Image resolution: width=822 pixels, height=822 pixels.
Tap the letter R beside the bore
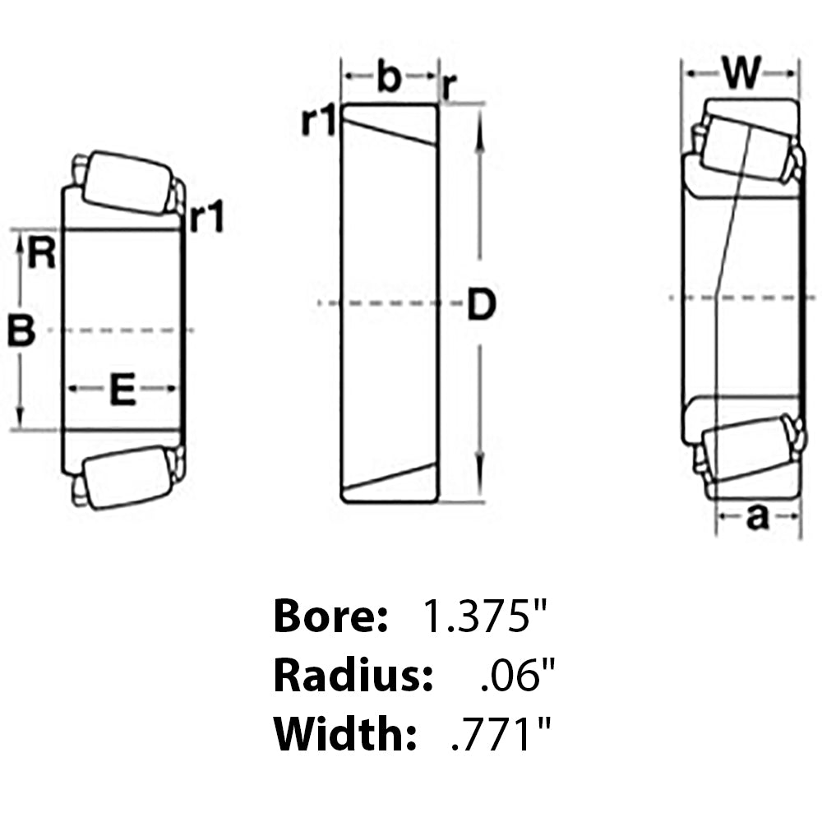click(x=41, y=253)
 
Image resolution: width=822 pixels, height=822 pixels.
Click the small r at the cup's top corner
click(x=449, y=85)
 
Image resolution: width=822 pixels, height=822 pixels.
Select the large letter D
click(x=482, y=305)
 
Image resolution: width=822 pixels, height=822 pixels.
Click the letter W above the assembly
click(x=741, y=76)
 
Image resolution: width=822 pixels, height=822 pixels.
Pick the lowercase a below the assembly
click(x=757, y=517)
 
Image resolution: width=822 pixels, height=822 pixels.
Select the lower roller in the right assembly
click(x=745, y=448)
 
